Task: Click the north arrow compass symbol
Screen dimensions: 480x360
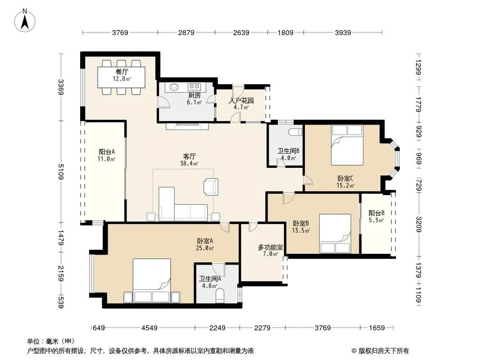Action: pos(25,20)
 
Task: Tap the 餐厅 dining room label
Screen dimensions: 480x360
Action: pos(122,72)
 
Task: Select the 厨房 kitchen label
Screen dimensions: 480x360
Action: pos(194,95)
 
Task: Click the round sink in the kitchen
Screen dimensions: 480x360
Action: pos(174,87)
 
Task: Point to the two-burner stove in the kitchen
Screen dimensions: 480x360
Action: pos(194,87)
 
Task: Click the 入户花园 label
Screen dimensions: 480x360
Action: pos(241,101)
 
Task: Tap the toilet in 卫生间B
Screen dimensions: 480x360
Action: pos(295,132)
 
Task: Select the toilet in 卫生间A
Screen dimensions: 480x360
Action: pos(220,297)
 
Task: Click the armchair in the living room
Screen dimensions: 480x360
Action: pos(211,187)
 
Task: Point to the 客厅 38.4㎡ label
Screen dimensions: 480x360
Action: pos(189,160)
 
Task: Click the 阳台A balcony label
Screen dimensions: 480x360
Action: pos(107,152)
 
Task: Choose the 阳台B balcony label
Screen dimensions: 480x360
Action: pos(376,213)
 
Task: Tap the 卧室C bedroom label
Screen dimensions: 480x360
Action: pos(345,178)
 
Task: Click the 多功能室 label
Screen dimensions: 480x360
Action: pos(270,247)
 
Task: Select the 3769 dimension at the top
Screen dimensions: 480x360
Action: pos(120,32)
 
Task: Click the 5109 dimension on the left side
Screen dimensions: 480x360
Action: pos(61,172)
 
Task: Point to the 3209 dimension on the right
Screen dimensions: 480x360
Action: pos(419,225)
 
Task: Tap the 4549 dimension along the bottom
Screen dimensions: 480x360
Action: pos(149,328)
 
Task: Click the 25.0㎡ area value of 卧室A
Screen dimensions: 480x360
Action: pos(205,248)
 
